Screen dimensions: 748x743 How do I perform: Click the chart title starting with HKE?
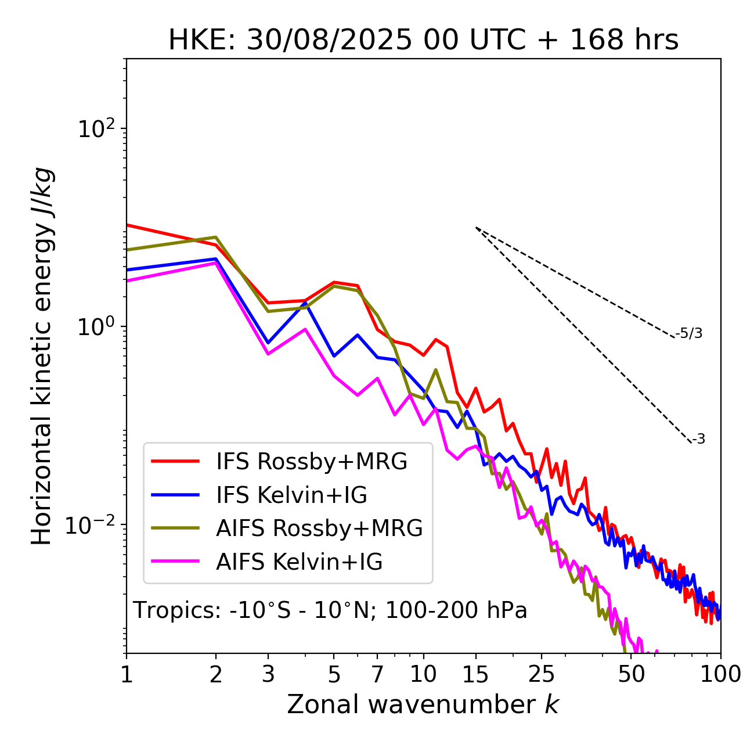pos(423,41)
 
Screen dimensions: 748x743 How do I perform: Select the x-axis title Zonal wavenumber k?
pos(423,704)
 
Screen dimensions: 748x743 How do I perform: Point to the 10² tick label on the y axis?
pos(96,128)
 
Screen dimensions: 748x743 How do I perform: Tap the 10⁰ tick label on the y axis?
pos(96,326)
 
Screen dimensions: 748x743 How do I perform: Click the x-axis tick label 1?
pos(127,674)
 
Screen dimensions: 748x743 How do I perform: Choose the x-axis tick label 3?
pos(268,674)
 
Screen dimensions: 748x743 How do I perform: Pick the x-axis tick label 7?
pos(377,674)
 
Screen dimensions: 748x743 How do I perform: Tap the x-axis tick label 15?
pos(475,674)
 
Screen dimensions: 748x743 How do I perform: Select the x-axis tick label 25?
pos(541,674)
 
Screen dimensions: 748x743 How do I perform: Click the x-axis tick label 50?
pos(632,674)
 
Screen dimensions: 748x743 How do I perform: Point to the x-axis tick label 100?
pos(720,674)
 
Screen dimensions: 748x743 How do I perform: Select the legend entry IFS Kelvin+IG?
pos(291,495)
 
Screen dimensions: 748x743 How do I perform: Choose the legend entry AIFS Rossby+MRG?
pos(319,528)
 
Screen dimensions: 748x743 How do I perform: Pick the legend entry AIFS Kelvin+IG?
pos(299,562)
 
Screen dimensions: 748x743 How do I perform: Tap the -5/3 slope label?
pos(689,334)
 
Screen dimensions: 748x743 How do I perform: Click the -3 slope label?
pos(698,440)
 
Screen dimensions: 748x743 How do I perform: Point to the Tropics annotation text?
pos(330,611)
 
